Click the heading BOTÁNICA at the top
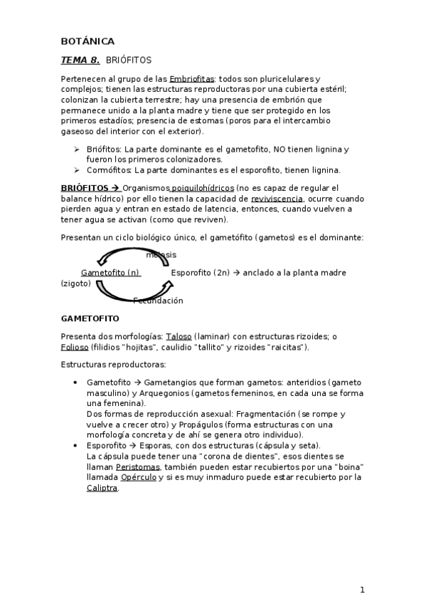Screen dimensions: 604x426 (87, 41)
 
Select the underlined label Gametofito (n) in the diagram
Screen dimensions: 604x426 (110, 273)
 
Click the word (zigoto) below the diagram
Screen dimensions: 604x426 (75, 283)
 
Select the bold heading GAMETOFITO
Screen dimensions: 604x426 (90, 318)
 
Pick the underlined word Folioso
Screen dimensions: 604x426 (75, 347)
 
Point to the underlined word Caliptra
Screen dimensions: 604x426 (102, 488)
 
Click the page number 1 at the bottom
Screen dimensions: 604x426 (362, 590)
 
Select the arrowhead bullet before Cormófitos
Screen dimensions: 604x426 (76, 170)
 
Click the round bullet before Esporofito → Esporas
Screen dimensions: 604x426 (76, 445)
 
